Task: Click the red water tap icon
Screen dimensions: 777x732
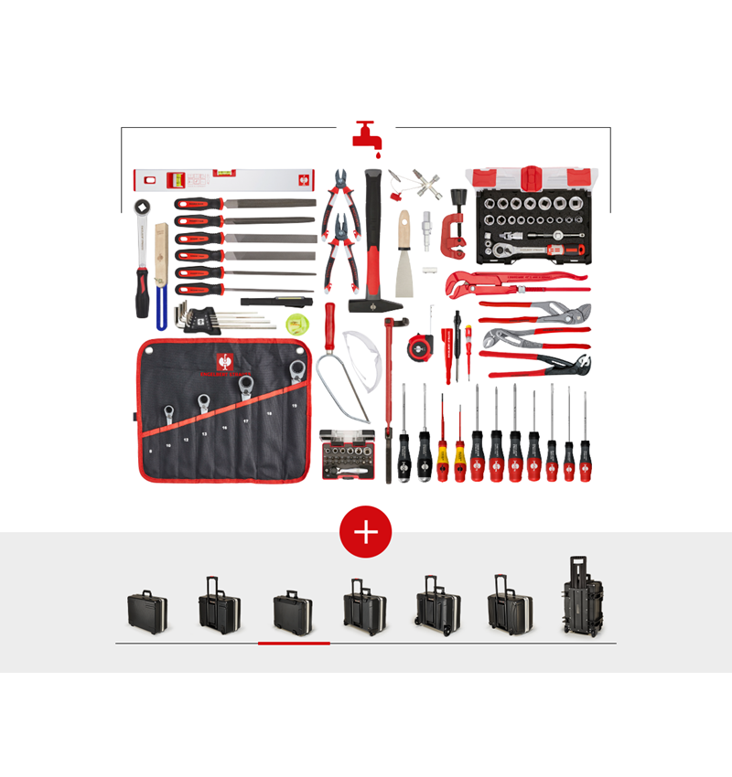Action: [366, 133]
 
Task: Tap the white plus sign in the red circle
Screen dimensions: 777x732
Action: [366, 532]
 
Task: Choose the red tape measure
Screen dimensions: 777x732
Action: [419, 345]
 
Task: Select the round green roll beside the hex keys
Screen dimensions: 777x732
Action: [296, 323]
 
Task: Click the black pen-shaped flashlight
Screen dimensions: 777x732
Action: [277, 300]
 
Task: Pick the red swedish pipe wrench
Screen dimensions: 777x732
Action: [508, 279]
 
